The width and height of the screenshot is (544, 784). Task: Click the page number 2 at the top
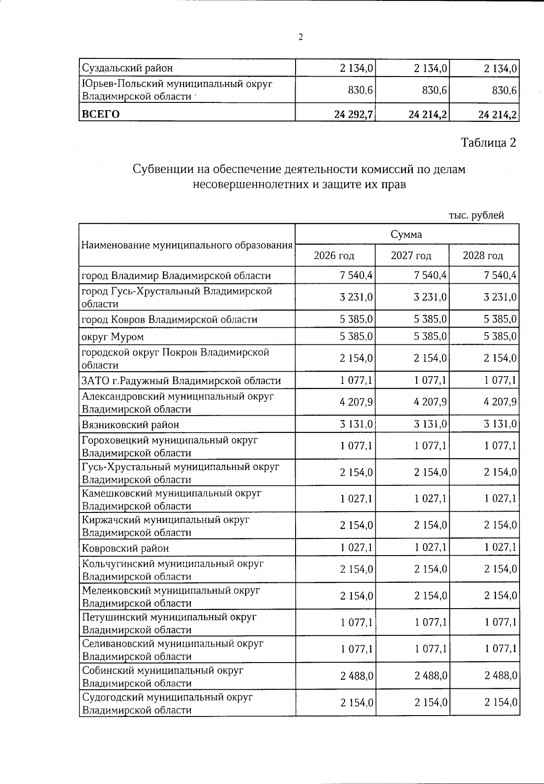point(300,38)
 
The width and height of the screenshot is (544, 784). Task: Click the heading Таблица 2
point(488,143)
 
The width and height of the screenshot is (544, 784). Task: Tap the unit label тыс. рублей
point(476,215)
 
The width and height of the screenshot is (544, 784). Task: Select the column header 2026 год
point(334,256)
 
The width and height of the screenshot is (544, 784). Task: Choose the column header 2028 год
point(483,256)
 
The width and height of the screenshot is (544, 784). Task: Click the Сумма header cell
point(406,234)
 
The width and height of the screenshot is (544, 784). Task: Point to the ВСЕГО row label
point(101,114)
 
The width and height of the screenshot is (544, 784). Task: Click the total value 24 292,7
point(354,114)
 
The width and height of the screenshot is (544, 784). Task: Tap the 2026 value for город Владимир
point(356,275)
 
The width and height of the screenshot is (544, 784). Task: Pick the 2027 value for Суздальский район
point(431,68)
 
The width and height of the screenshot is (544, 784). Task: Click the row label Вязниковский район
point(130,425)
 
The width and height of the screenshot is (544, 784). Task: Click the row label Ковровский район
point(125,548)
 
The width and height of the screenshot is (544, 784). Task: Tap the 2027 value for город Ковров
point(430,319)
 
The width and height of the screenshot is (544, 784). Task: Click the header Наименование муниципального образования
point(187,245)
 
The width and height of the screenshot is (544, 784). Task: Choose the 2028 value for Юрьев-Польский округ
point(504,91)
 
